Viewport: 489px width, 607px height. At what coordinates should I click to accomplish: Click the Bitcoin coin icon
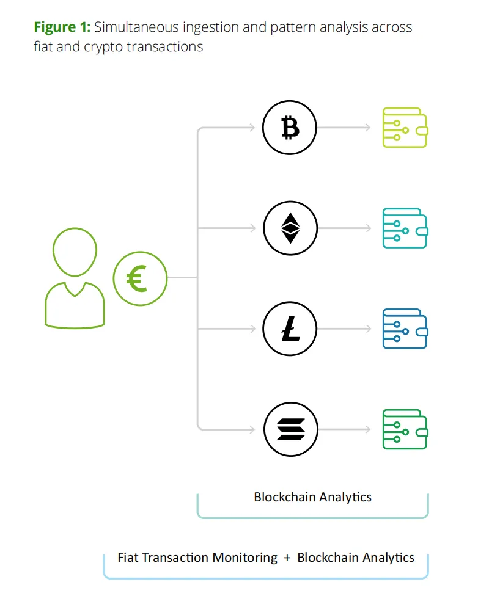(x=290, y=128)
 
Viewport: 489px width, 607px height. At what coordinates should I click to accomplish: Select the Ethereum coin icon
(x=290, y=228)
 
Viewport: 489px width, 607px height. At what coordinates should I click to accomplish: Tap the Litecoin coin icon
(x=290, y=329)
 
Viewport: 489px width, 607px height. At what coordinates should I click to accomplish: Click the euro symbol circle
(x=141, y=278)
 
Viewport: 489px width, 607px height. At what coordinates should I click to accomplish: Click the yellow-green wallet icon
(x=404, y=128)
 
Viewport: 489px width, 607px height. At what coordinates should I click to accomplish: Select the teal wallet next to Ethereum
(x=404, y=228)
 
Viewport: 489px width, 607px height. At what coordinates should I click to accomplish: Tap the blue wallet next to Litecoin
(x=404, y=329)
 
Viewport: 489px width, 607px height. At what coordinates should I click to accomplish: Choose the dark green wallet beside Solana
(x=404, y=429)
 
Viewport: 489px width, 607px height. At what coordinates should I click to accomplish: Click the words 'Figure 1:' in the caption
(x=62, y=27)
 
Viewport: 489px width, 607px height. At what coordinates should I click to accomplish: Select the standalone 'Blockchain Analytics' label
(x=312, y=496)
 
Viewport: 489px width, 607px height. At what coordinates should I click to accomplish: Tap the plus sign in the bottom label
(x=287, y=558)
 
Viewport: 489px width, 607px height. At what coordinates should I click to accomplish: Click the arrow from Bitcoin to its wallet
(x=344, y=128)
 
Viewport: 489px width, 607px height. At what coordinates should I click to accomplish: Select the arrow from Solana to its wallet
(x=344, y=429)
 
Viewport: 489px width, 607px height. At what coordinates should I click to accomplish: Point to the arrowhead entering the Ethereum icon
(x=252, y=228)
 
